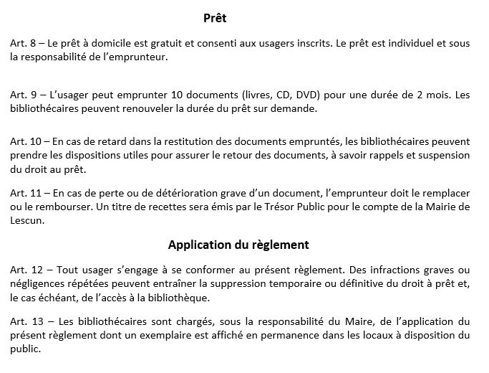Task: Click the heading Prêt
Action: coord(214,17)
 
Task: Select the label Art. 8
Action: coord(23,43)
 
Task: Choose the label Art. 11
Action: coord(25,194)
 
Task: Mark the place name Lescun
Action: coord(26,221)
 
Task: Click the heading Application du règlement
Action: coord(238,245)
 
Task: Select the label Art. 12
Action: coord(25,270)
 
